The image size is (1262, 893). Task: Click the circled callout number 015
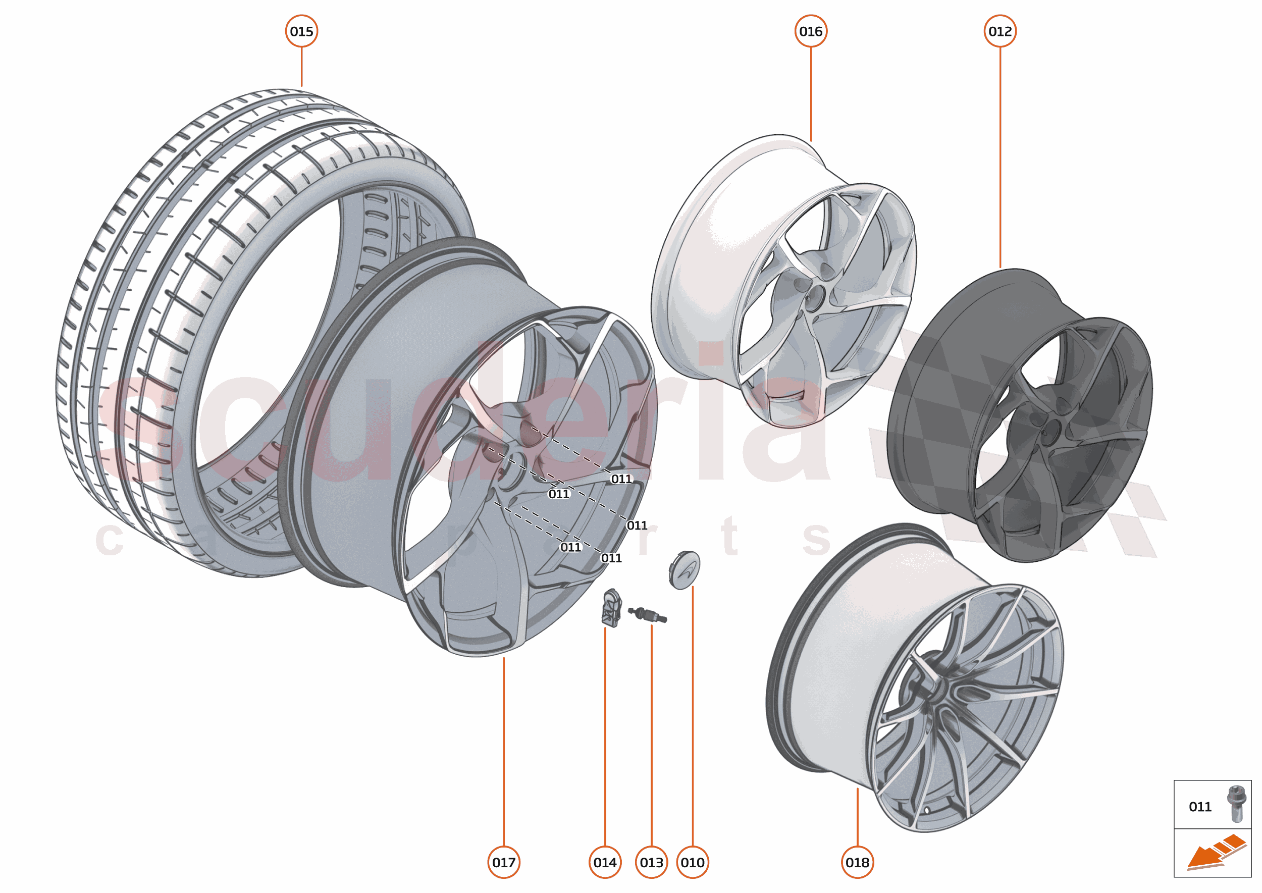click(301, 31)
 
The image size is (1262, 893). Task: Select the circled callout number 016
click(811, 31)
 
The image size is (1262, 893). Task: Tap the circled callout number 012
click(1000, 31)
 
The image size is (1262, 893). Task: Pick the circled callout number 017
click(503, 862)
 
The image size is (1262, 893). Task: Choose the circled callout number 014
click(605, 862)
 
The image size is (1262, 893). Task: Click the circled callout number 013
click(651, 862)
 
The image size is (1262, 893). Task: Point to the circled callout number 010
click(692, 862)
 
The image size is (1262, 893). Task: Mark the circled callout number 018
click(857, 862)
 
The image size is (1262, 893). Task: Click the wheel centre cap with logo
click(685, 570)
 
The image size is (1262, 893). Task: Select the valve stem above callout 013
click(648, 615)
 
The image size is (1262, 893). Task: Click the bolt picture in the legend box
click(1236, 804)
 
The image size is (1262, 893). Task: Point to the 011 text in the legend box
click(1200, 807)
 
